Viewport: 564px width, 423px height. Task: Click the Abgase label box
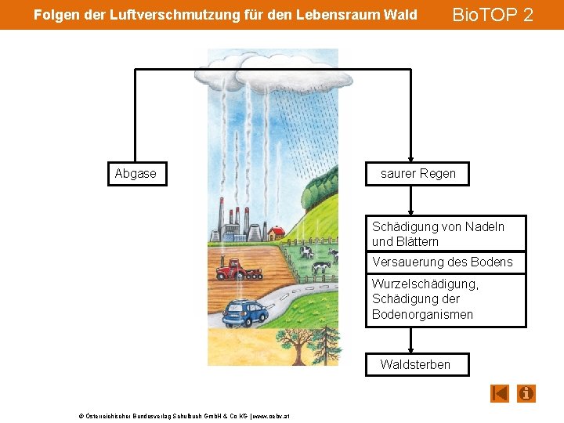click(136, 174)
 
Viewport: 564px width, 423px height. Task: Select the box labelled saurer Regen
click(418, 174)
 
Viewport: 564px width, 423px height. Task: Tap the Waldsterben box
click(416, 364)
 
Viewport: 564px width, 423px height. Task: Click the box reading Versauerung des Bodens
click(445, 262)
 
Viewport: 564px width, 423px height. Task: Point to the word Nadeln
click(483, 226)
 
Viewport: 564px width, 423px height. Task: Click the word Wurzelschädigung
click(425, 284)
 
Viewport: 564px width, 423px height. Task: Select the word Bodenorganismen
click(423, 314)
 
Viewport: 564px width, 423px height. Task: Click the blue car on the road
click(245, 313)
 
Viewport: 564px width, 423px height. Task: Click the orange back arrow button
click(500, 392)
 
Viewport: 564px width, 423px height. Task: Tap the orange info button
click(526, 392)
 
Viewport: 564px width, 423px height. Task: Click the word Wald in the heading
click(399, 15)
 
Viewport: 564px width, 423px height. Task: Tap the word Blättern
click(417, 242)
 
